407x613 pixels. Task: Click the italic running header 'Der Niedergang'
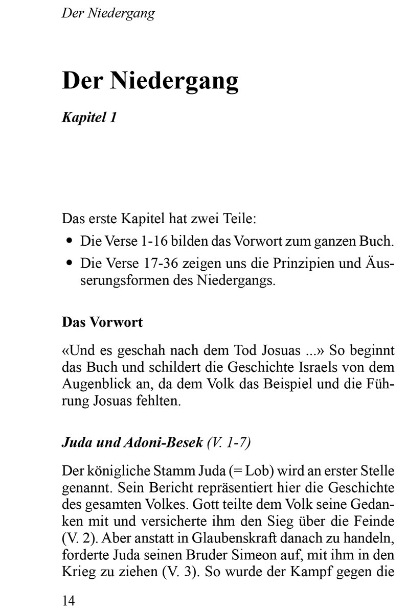point(108,13)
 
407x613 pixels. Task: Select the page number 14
point(68,600)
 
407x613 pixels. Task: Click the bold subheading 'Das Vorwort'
point(102,322)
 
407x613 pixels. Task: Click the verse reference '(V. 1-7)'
point(229,442)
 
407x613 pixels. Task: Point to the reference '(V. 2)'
point(77,539)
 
